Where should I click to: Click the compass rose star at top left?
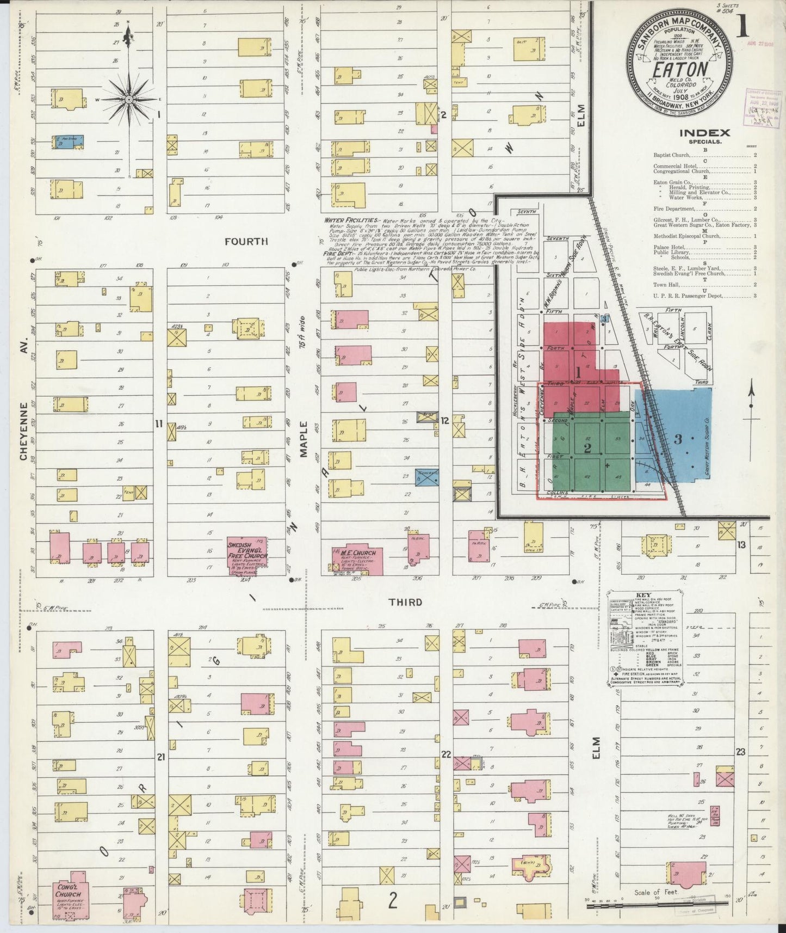tap(129, 100)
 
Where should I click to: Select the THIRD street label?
tap(406, 602)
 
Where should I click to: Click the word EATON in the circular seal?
tap(679, 70)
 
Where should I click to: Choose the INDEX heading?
tap(704, 132)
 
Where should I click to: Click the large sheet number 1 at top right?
tap(742, 26)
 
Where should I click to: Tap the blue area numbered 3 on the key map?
tap(677, 440)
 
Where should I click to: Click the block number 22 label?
tap(446, 754)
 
